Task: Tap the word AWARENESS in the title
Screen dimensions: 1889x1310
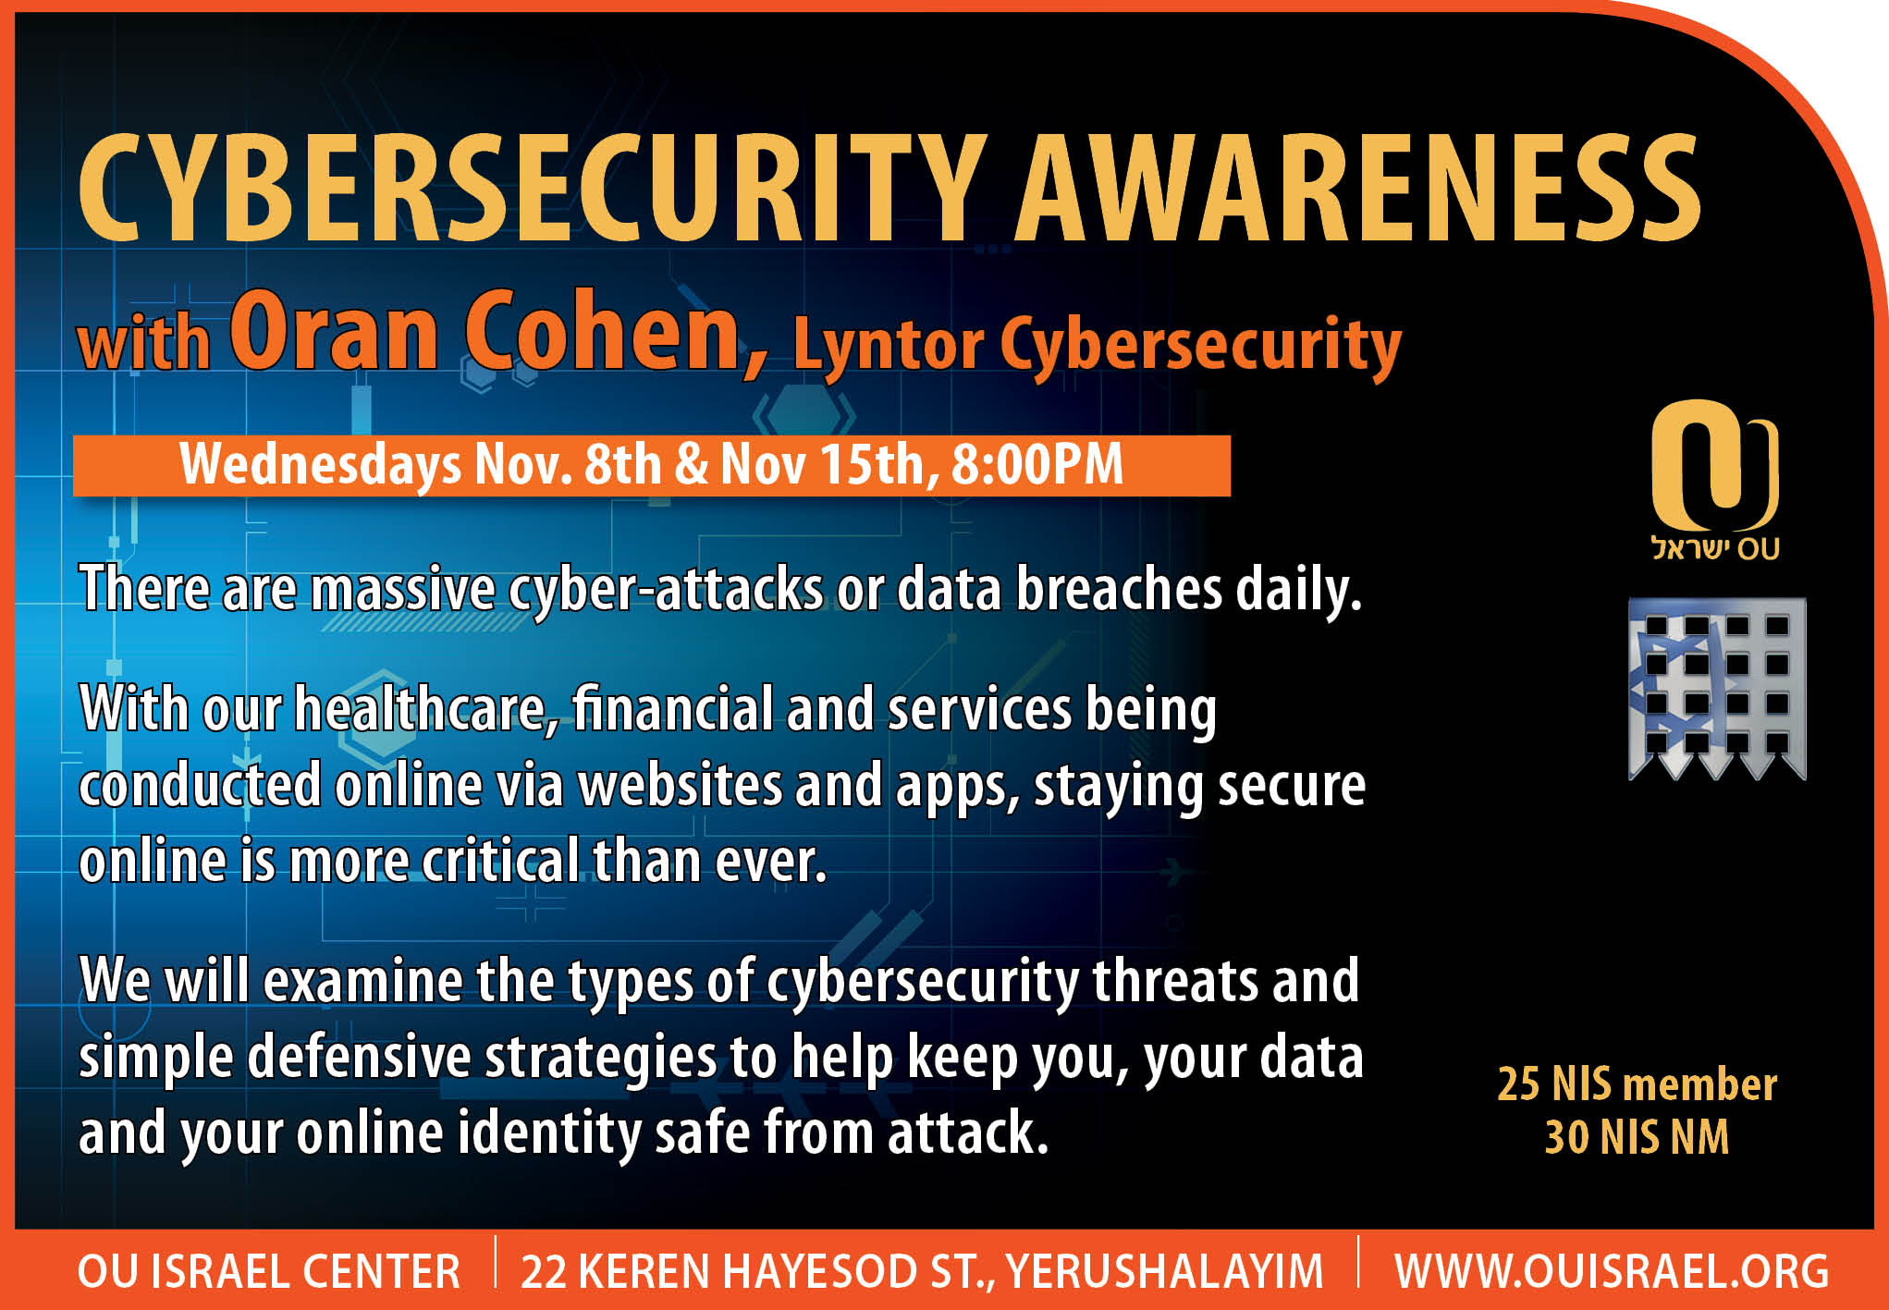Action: coord(1358,187)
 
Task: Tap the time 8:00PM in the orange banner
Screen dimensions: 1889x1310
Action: coord(1037,464)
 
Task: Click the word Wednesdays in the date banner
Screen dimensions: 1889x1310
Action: coord(320,466)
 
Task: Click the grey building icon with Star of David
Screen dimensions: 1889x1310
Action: coord(1717,689)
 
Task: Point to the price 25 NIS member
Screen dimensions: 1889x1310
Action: coord(1637,1084)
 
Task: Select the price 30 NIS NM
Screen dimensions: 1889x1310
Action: coord(1637,1136)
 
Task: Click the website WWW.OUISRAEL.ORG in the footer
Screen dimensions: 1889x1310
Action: coord(1612,1271)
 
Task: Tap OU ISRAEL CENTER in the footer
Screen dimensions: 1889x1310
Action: coord(269,1271)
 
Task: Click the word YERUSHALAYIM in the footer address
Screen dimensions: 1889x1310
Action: coord(1165,1271)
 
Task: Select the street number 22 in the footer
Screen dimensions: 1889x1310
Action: coord(544,1271)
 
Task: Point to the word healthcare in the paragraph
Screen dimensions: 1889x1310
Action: coord(426,710)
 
